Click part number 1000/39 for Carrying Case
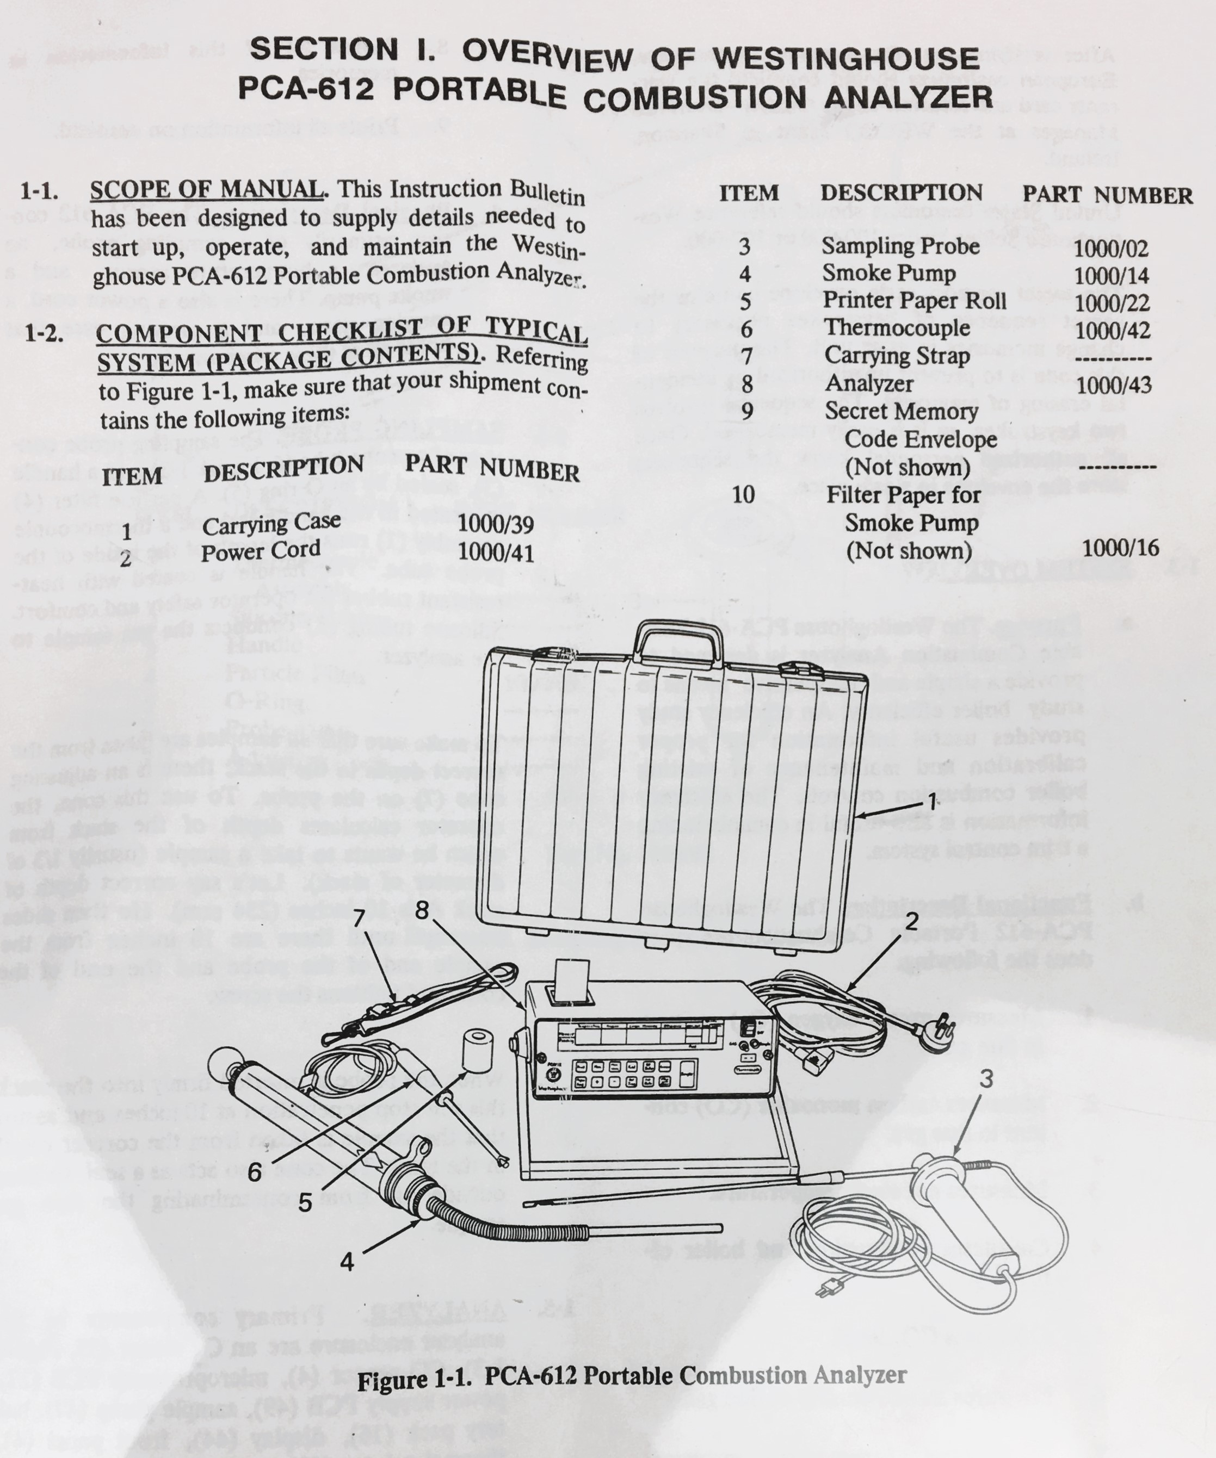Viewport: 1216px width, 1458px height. pyautogui.click(x=496, y=525)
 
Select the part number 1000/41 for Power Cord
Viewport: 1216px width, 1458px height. pyautogui.click(x=496, y=553)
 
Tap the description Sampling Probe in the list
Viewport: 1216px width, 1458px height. pyautogui.click(x=901, y=246)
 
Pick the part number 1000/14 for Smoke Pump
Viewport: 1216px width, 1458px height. pyautogui.click(x=1111, y=276)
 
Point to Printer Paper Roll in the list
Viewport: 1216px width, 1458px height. pyautogui.click(x=915, y=301)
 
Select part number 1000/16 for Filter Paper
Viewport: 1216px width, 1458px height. pyautogui.click(x=1120, y=549)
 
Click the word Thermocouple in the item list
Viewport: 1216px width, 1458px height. pyautogui.click(x=898, y=328)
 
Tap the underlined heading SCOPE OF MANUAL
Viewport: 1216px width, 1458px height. pyautogui.click(x=206, y=190)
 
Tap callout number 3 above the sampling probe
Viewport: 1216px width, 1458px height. pyautogui.click(x=986, y=1079)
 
